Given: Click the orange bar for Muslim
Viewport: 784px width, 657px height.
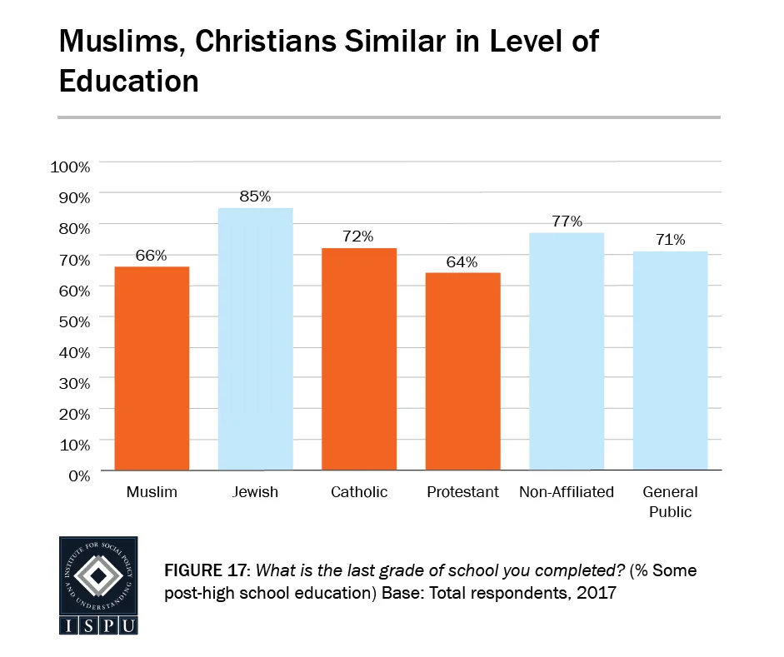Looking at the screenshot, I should click(x=152, y=368).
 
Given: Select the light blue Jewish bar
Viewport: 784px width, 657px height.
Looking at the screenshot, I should click(x=255, y=339).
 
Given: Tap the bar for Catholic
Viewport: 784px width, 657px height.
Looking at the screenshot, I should click(x=359, y=359).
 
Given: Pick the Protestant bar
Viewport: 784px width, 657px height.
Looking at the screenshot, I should click(x=462, y=371).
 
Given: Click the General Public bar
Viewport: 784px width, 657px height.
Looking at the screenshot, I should click(x=670, y=361).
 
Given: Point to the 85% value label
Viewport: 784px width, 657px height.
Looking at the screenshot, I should click(x=255, y=197).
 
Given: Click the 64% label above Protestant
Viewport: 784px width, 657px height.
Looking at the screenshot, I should click(x=462, y=262).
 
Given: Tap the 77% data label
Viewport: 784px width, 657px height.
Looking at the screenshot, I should click(x=567, y=221).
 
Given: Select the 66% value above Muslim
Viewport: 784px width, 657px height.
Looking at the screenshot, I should click(x=152, y=256).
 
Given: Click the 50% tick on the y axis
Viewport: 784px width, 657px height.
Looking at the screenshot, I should click(x=74, y=321).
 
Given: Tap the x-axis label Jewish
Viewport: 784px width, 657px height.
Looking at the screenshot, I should click(x=255, y=492).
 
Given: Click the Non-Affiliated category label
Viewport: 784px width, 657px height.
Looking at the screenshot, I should click(x=567, y=492).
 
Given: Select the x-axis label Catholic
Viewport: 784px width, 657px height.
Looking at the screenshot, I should click(x=359, y=492).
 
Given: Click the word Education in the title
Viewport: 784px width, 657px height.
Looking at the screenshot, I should click(x=128, y=81).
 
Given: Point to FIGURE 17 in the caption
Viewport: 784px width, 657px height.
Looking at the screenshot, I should click(x=207, y=572).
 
